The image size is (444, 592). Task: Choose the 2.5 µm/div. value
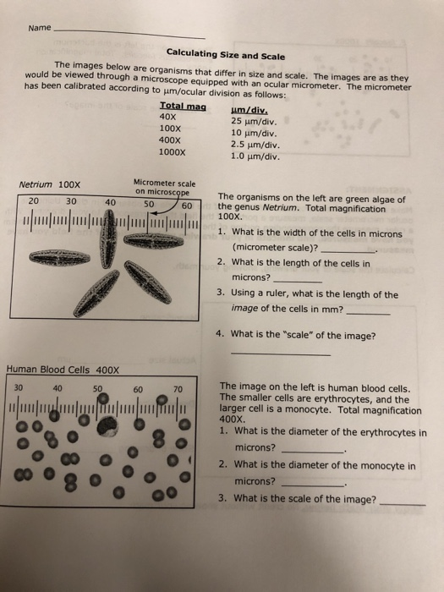[x=255, y=144]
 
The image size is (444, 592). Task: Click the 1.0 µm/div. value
[x=255, y=156]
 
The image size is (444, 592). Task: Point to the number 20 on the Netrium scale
[x=33, y=201]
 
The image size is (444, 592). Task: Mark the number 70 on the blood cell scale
[x=178, y=388]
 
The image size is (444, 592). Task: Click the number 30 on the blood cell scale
[x=19, y=388]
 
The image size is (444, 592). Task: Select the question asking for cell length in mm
[x=309, y=301]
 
